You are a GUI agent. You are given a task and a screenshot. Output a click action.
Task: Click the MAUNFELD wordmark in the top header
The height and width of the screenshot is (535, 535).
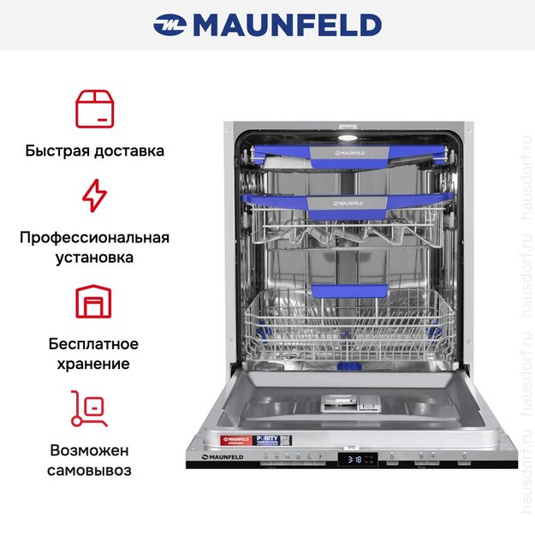tap(287, 25)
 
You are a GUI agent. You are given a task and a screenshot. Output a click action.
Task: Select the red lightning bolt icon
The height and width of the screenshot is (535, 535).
tap(94, 196)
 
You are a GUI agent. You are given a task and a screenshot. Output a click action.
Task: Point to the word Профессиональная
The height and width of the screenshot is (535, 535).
tap(94, 237)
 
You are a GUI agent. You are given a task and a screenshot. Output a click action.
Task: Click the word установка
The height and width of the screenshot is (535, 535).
tap(94, 257)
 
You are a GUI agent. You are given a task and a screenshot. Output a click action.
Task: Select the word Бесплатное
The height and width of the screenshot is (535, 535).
tap(94, 344)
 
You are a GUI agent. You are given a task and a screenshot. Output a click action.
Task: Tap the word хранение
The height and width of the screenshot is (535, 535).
tap(94, 364)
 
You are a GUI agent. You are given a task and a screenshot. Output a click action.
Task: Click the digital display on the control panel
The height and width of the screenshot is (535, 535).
tap(357, 460)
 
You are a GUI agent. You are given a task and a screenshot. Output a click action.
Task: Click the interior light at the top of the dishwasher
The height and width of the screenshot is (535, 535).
tap(348, 136)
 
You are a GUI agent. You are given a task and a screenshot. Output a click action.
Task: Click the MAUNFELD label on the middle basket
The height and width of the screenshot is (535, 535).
tap(347, 203)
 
